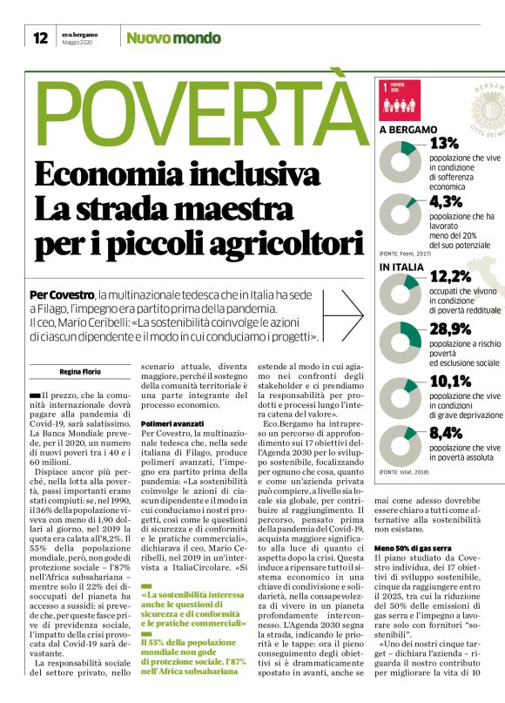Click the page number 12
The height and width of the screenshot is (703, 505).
[40, 37]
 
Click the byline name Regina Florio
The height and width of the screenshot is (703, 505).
[79, 372]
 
